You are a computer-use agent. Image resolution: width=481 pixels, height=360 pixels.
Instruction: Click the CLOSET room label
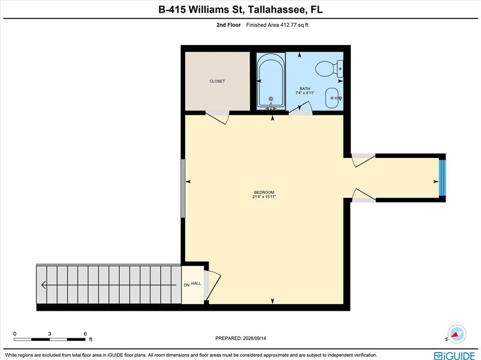click(217, 81)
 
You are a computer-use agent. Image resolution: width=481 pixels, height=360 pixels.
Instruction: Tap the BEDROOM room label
click(264, 192)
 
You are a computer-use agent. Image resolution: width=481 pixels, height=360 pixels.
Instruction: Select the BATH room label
click(305, 88)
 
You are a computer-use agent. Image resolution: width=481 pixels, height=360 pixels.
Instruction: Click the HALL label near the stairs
click(196, 283)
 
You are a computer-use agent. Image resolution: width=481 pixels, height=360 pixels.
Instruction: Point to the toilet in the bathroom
click(329, 69)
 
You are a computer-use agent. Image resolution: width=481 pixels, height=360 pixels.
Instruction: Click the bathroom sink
click(333, 98)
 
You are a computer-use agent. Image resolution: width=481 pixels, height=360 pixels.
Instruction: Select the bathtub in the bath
click(271, 81)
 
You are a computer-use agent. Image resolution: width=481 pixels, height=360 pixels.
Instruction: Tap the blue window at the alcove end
click(442, 178)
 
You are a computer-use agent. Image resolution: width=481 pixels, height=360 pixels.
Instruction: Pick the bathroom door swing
click(302, 108)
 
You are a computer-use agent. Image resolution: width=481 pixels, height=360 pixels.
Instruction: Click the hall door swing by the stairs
click(213, 285)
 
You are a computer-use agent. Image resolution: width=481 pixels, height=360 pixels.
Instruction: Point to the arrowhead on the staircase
click(43, 285)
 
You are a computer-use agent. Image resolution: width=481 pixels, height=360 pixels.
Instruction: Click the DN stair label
click(186, 285)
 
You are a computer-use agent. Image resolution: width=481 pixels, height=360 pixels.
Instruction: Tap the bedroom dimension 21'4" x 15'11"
click(264, 197)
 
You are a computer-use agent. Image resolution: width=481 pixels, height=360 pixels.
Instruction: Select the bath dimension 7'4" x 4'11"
click(305, 93)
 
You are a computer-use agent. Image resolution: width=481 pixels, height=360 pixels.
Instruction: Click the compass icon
click(457, 334)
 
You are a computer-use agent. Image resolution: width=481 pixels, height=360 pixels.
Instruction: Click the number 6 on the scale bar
click(85, 334)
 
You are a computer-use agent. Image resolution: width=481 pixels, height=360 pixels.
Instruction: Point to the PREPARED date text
click(240, 338)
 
